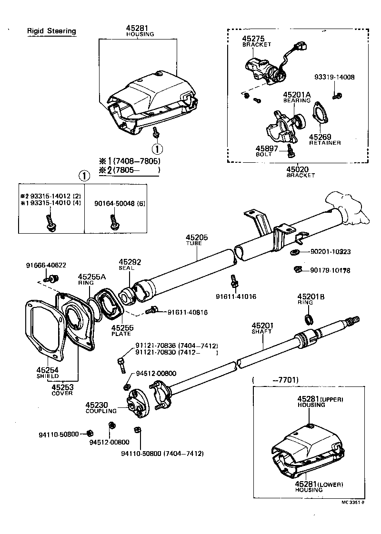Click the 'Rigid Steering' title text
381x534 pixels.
click(x=51, y=31)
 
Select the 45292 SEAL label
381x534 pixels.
click(x=130, y=262)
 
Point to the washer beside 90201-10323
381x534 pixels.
click(x=294, y=252)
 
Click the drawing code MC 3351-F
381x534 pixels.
click(x=352, y=502)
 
